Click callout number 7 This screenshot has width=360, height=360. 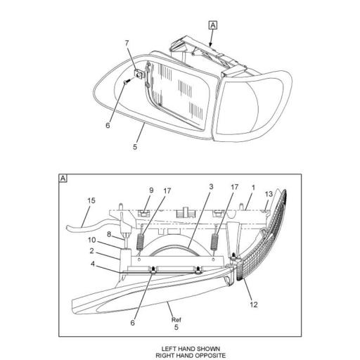pos(127,44)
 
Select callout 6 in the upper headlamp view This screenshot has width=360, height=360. pos(108,127)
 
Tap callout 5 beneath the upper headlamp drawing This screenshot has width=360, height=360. pos(134,148)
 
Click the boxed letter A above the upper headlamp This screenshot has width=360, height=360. pos(213,25)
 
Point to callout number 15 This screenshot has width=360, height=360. pos(91,201)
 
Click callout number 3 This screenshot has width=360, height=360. pos(210,187)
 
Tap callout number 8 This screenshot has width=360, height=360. pos(110,234)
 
